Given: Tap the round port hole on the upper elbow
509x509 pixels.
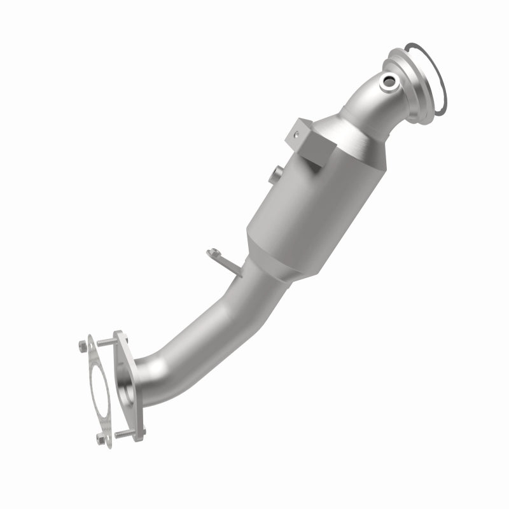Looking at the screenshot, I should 389,81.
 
